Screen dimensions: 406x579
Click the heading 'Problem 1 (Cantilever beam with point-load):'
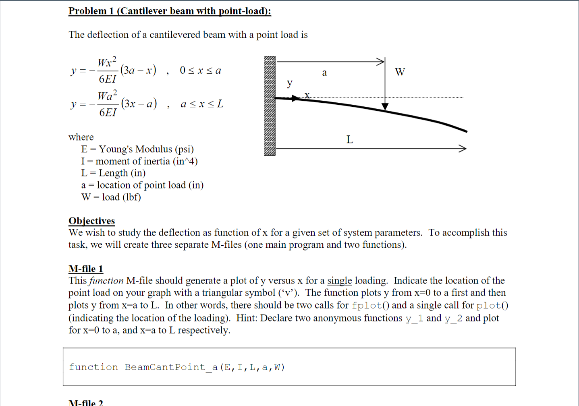(170, 11)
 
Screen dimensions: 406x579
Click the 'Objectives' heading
(91, 221)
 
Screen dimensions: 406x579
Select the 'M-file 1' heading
(86, 269)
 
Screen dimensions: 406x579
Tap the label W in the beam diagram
(400, 72)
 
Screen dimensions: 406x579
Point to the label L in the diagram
(349, 140)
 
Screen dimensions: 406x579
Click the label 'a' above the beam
(324, 73)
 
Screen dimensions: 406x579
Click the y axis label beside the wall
(289, 83)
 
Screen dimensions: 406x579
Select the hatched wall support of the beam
(270, 106)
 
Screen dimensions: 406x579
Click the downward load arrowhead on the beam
(385, 106)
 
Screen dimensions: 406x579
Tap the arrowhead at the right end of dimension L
(463, 148)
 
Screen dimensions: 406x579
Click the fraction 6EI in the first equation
(107, 79)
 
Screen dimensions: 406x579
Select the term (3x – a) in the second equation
(139, 104)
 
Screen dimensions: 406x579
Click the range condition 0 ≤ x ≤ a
(200, 70)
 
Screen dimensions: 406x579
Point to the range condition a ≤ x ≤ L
(201, 104)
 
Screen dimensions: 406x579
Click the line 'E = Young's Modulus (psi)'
(137, 149)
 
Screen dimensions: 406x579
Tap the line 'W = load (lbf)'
(111, 197)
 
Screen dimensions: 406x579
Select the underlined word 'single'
(339, 281)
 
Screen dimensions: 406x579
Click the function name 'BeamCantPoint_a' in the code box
(171, 367)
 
